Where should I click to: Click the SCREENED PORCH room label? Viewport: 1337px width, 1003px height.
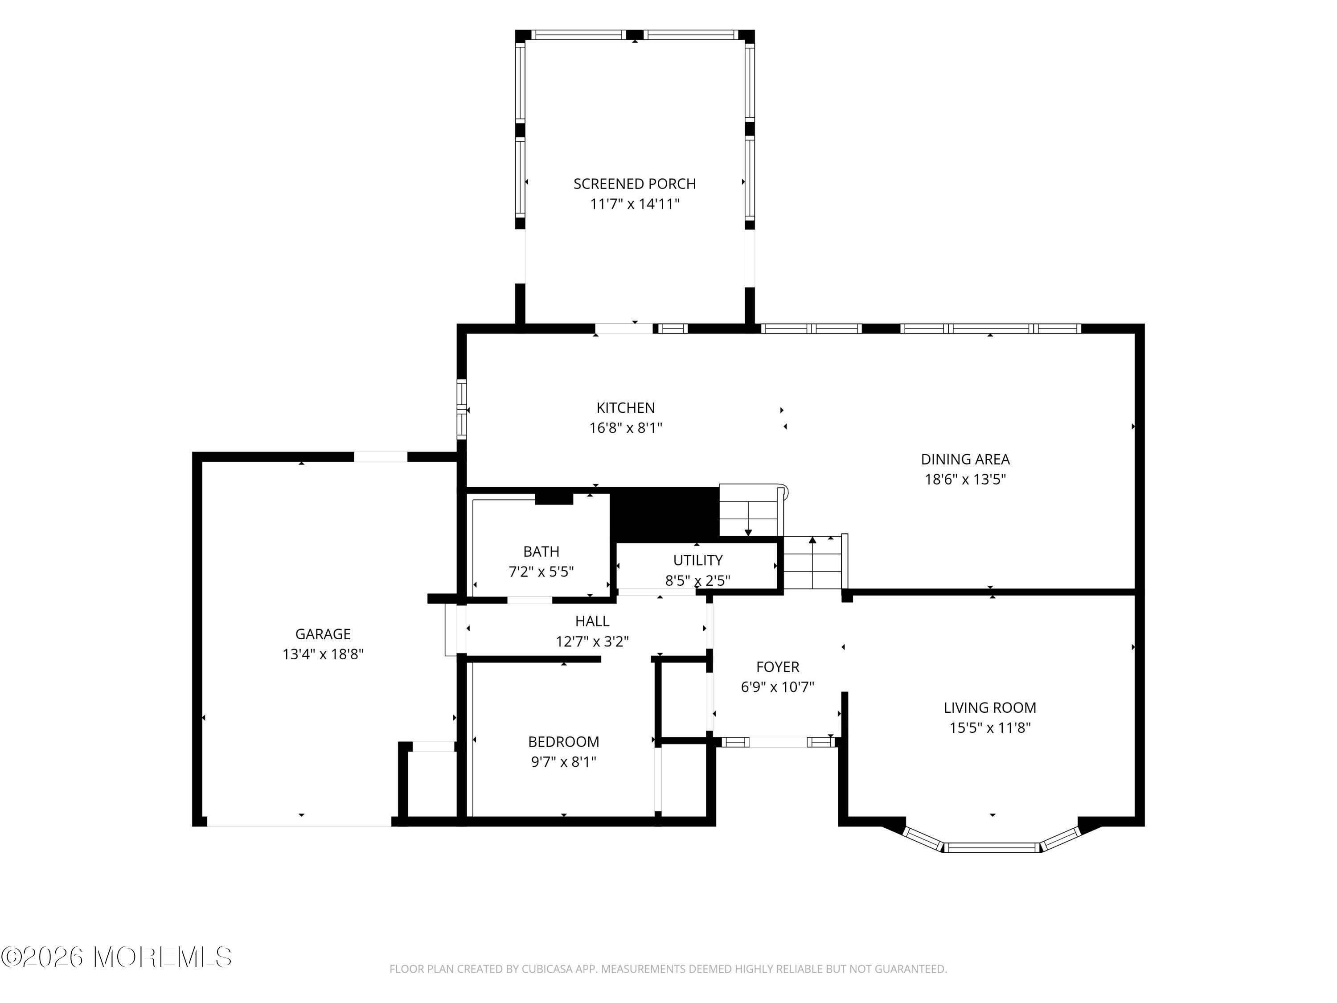coord(634,184)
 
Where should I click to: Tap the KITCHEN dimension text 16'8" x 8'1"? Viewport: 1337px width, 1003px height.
coord(626,428)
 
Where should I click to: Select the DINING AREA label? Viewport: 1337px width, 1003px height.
coord(965,460)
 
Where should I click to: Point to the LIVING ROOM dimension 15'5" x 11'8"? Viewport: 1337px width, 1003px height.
coord(990,728)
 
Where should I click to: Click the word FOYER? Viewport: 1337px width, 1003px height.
coord(778,667)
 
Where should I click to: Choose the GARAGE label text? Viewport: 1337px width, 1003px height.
coord(323,634)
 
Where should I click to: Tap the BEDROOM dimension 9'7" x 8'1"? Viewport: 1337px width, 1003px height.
coord(563,762)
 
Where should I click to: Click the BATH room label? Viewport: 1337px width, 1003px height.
coord(541,551)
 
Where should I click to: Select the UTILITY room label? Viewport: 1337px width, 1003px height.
coord(697,560)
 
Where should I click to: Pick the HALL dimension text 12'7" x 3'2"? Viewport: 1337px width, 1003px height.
coord(592,641)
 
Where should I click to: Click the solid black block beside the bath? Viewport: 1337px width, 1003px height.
coord(664,514)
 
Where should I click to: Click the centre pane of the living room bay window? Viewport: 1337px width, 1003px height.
coord(992,847)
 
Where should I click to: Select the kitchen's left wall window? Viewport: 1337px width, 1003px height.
coord(462,409)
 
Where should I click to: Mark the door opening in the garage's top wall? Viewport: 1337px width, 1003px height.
coord(381,456)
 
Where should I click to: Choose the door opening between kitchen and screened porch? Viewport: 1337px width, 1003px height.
coord(624,329)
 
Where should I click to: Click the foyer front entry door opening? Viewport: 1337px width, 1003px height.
coord(778,742)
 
